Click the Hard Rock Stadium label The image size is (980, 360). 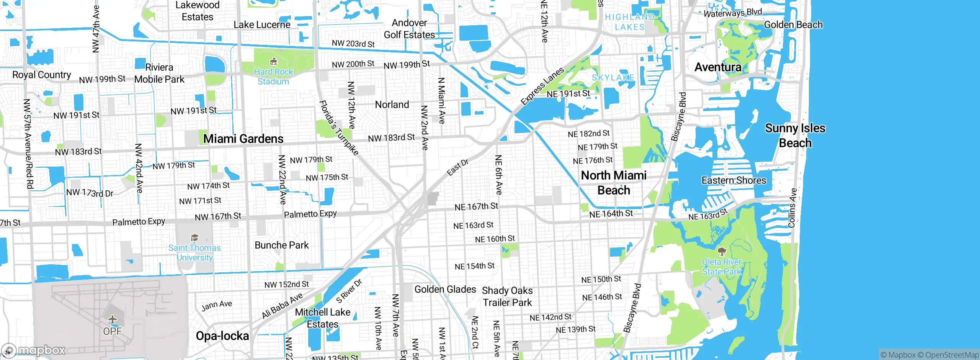click(273, 77)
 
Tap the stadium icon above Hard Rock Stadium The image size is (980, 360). click(273, 61)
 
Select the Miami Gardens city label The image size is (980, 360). click(243, 139)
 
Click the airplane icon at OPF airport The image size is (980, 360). click(112, 319)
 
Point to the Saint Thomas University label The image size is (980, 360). click(194, 253)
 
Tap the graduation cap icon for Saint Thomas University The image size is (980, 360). click(194, 238)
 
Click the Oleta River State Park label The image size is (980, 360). click(722, 267)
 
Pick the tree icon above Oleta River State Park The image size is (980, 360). click(722, 251)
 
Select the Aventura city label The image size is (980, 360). click(718, 67)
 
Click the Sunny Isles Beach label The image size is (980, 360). click(795, 136)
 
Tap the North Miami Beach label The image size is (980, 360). click(614, 183)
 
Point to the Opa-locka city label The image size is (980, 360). click(222, 336)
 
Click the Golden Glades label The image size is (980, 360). click(445, 289)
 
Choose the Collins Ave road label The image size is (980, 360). click(792, 208)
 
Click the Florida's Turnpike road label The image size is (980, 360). click(339, 128)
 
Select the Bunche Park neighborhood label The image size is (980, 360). click(282, 245)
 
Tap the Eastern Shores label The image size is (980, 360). click(734, 180)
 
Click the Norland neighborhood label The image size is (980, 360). click(392, 105)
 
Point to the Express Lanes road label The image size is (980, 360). click(542, 86)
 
